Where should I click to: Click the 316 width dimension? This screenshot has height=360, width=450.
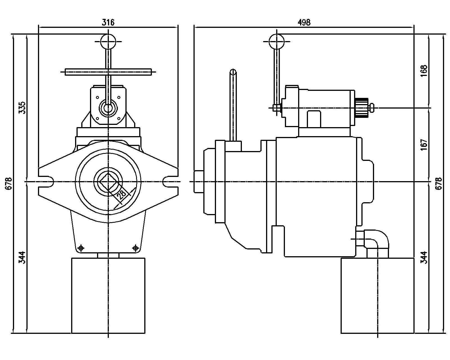tap(108, 22)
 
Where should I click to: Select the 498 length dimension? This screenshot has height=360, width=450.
tap(304, 22)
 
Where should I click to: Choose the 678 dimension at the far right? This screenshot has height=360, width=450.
tap(438, 183)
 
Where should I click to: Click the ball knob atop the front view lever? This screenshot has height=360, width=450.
tap(108, 42)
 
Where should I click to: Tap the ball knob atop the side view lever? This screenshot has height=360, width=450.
tap(276, 42)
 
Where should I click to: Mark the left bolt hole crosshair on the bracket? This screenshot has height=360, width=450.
tap(81, 248)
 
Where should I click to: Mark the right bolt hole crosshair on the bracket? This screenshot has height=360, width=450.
tap(135, 248)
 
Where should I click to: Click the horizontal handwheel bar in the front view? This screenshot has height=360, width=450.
tap(108, 72)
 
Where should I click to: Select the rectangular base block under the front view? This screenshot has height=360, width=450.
tap(108, 295)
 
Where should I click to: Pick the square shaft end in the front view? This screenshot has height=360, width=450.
tap(108, 182)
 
